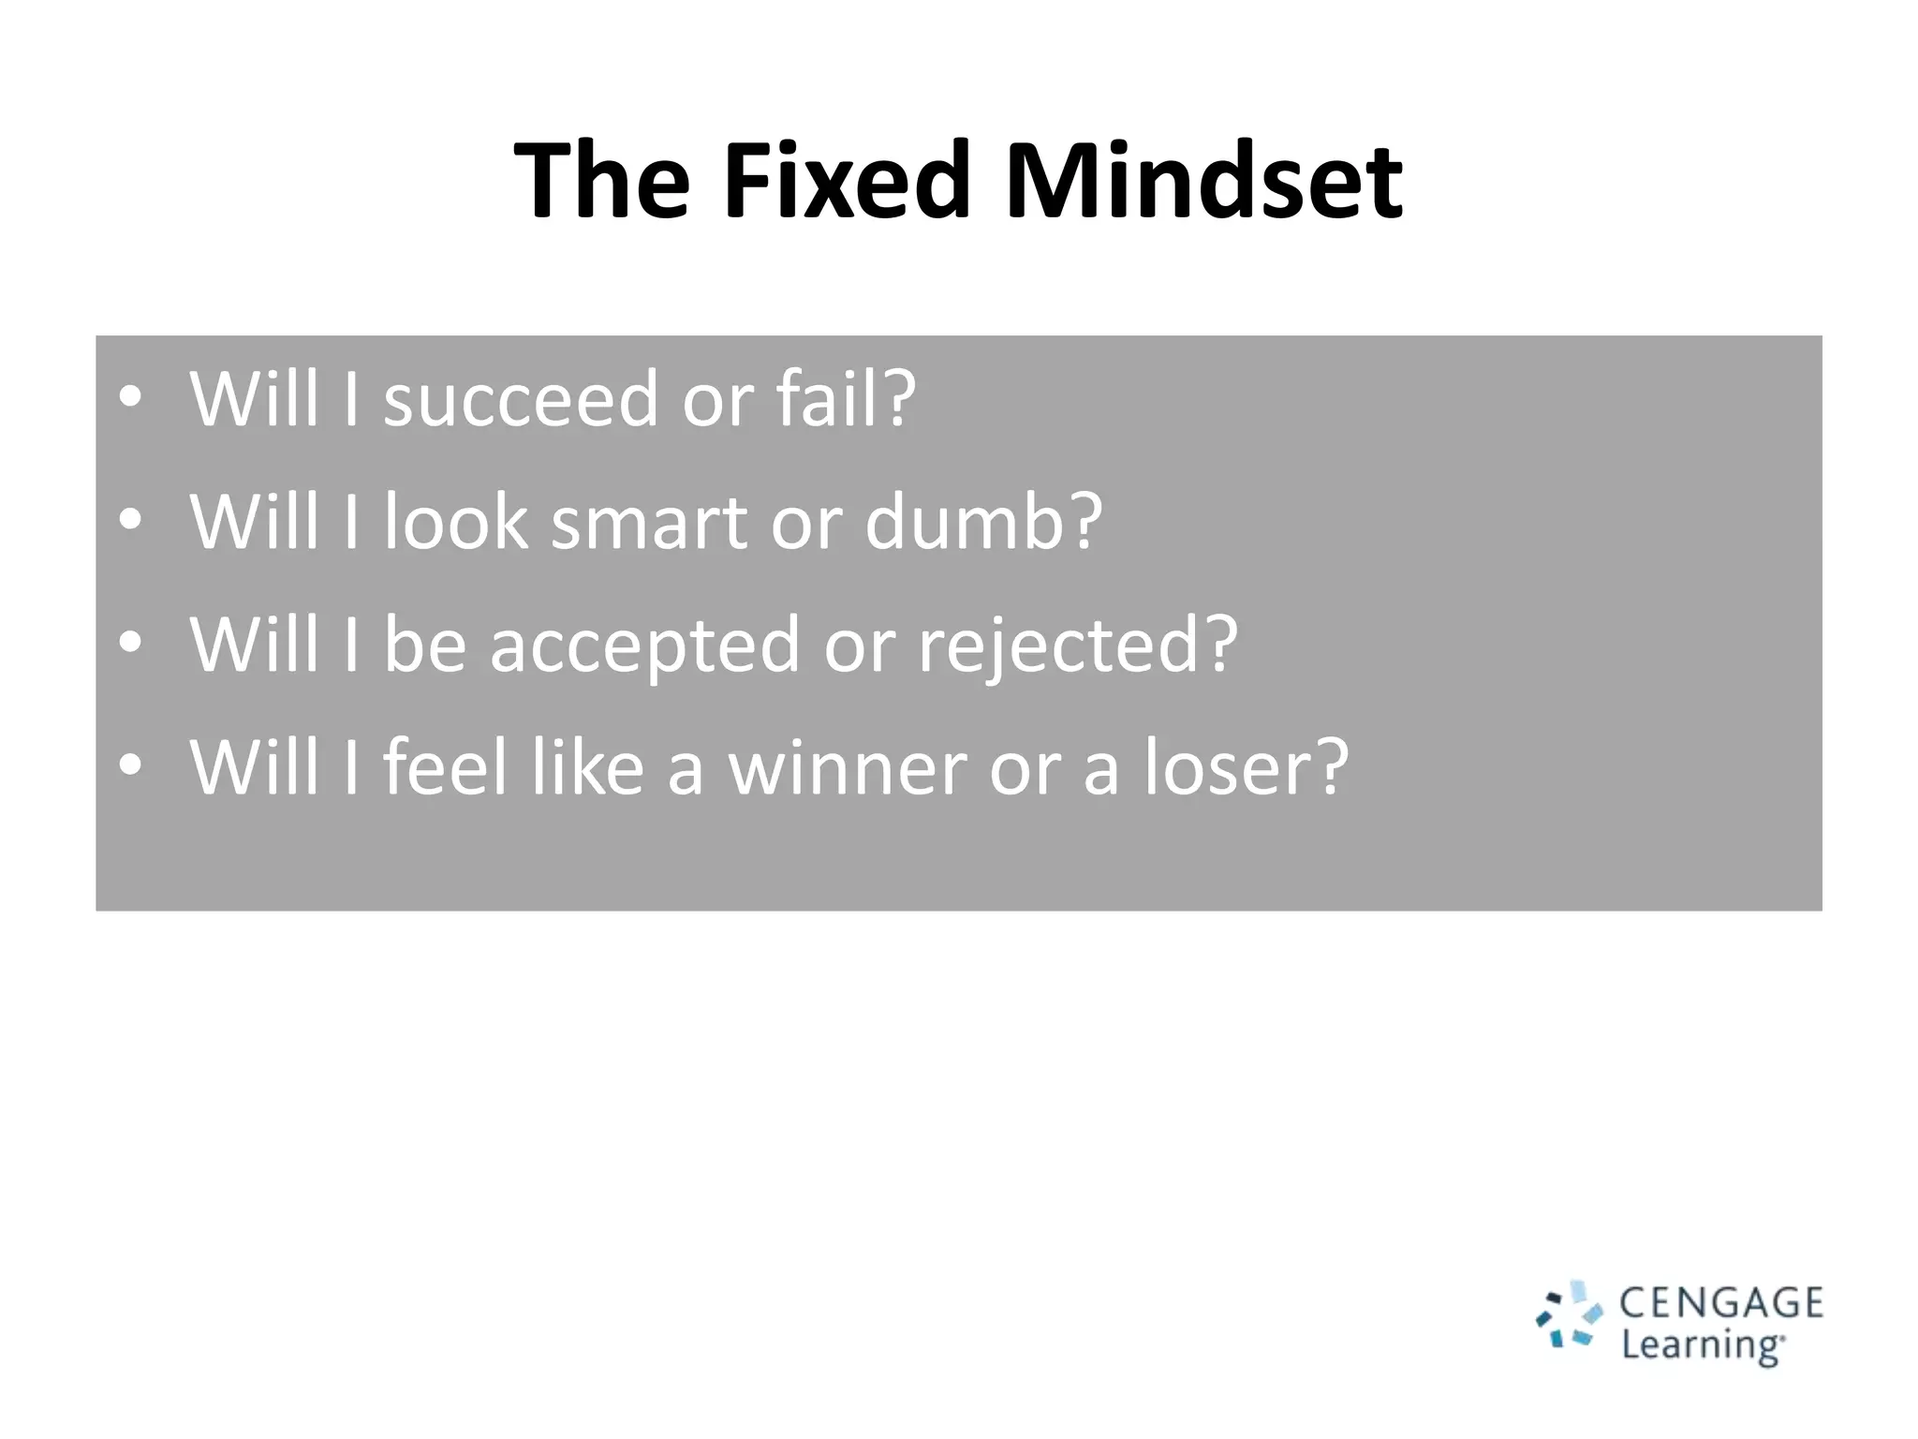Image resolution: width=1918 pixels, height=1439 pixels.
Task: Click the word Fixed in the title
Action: click(846, 180)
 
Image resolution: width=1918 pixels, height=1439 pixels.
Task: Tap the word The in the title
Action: click(602, 180)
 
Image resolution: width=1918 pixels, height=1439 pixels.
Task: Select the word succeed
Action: click(522, 400)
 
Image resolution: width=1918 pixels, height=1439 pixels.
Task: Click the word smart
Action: click(649, 522)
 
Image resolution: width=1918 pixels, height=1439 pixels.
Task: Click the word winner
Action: click(848, 768)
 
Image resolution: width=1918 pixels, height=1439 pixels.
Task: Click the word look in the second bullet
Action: click(456, 522)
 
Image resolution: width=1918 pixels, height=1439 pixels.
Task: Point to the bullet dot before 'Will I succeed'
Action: click(130, 396)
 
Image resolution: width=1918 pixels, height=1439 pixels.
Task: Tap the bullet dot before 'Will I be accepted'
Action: click(130, 643)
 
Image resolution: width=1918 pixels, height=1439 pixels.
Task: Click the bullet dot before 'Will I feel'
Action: click(130, 764)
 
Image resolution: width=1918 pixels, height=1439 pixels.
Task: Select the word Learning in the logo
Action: click(1701, 1346)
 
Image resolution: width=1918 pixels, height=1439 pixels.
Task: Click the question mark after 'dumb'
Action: click(1085, 522)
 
